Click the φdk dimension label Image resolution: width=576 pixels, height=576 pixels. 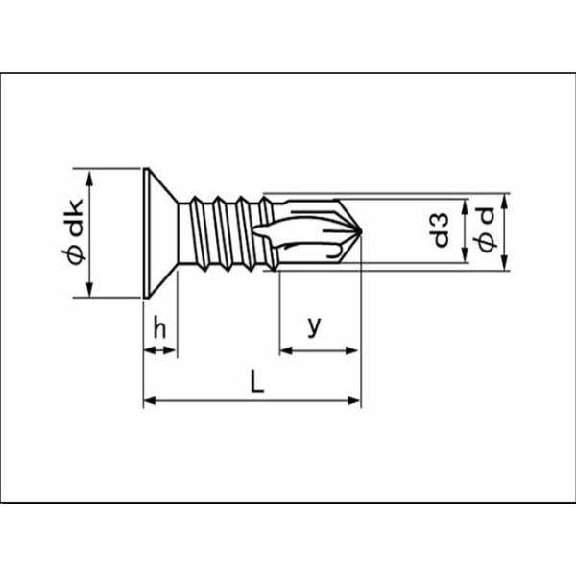73,231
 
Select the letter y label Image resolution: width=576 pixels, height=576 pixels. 314,325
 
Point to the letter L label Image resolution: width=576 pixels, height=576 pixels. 257,381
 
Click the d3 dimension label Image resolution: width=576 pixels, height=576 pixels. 441,229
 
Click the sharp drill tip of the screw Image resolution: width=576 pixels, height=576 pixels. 361,231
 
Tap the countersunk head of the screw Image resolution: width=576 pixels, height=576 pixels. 160,233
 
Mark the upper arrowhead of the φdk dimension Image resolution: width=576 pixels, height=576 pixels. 89,177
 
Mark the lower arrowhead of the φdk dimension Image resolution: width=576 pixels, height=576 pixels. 89,289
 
